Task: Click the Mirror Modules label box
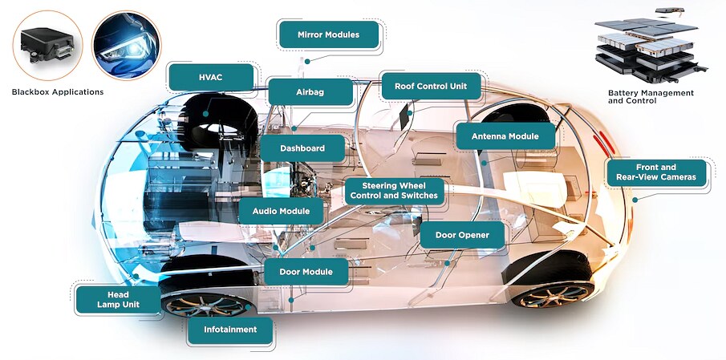coord(328,35)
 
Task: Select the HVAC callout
coord(210,77)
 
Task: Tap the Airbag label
coord(310,92)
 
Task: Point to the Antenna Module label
coord(505,136)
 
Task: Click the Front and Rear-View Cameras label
coord(657,173)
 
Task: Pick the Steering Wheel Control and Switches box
coord(394,190)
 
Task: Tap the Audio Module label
coord(281,212)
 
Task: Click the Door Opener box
coord(462,235)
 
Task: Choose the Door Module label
coord(306,272)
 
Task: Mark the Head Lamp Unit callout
coord(113,300)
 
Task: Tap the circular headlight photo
coord(126,45)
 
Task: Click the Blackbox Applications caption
coord(58,92)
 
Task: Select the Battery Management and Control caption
coord(651,97)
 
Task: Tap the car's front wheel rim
coord(204,305)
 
